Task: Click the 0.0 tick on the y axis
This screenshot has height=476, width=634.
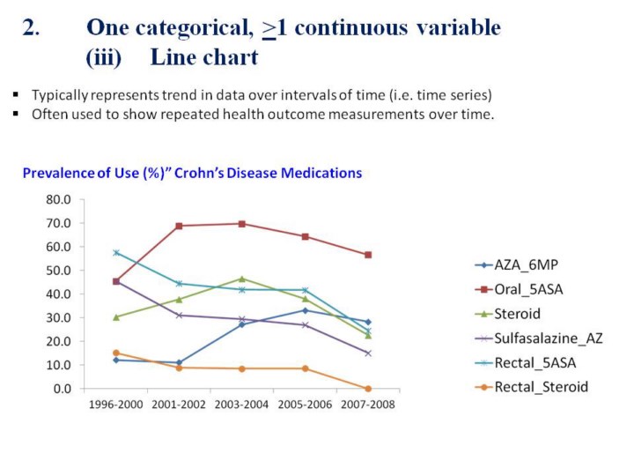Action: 63,388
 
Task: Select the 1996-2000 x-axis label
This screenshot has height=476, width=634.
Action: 115,405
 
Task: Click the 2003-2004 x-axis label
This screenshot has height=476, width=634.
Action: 242,405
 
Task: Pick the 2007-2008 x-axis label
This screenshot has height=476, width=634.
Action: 368,405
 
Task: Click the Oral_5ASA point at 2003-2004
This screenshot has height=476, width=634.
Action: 242,224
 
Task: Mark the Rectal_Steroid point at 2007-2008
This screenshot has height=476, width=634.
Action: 368,388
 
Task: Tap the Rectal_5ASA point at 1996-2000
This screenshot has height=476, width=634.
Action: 115,253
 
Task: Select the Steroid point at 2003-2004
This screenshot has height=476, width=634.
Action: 242,279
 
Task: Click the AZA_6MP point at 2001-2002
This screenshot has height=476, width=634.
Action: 179,362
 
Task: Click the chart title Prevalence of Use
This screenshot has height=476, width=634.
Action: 192,173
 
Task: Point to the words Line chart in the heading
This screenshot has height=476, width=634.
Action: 203,58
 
